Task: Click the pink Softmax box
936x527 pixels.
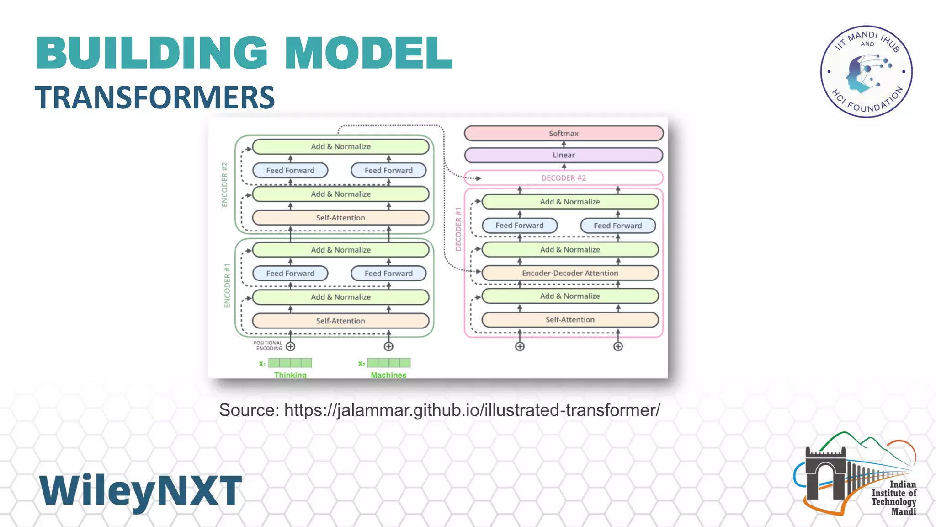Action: tap(564, 133)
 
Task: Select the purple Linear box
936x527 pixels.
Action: tap(564, 155)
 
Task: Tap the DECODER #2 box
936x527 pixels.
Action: tap(564, 178)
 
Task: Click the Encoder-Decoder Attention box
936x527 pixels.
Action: tap(570, 273)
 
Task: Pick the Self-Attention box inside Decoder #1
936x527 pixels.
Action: tap(570, 320)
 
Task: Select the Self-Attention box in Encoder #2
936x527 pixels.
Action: tap(340, 218)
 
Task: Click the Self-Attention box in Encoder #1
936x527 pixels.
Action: tap(340, 321)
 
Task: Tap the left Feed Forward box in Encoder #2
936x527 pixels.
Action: tap(290, 170)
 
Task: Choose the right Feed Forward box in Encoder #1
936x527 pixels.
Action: tap(388, 274)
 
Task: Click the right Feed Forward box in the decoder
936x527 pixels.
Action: tap(617, 226)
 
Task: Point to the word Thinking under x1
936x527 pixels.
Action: tap(290, 375)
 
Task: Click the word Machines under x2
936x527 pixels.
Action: tap(388, 375)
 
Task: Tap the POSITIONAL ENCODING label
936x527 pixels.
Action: tap(268, 345)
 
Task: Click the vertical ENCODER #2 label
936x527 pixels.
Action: tap(224, 184)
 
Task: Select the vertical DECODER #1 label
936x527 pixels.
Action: tap(458, 229)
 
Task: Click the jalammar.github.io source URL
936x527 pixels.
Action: tap(472, 410)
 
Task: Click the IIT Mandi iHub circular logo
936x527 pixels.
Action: tap(866, 71)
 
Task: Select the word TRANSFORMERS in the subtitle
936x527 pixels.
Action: tap(155, 97)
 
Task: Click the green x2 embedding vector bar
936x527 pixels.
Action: tap(388, 363)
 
